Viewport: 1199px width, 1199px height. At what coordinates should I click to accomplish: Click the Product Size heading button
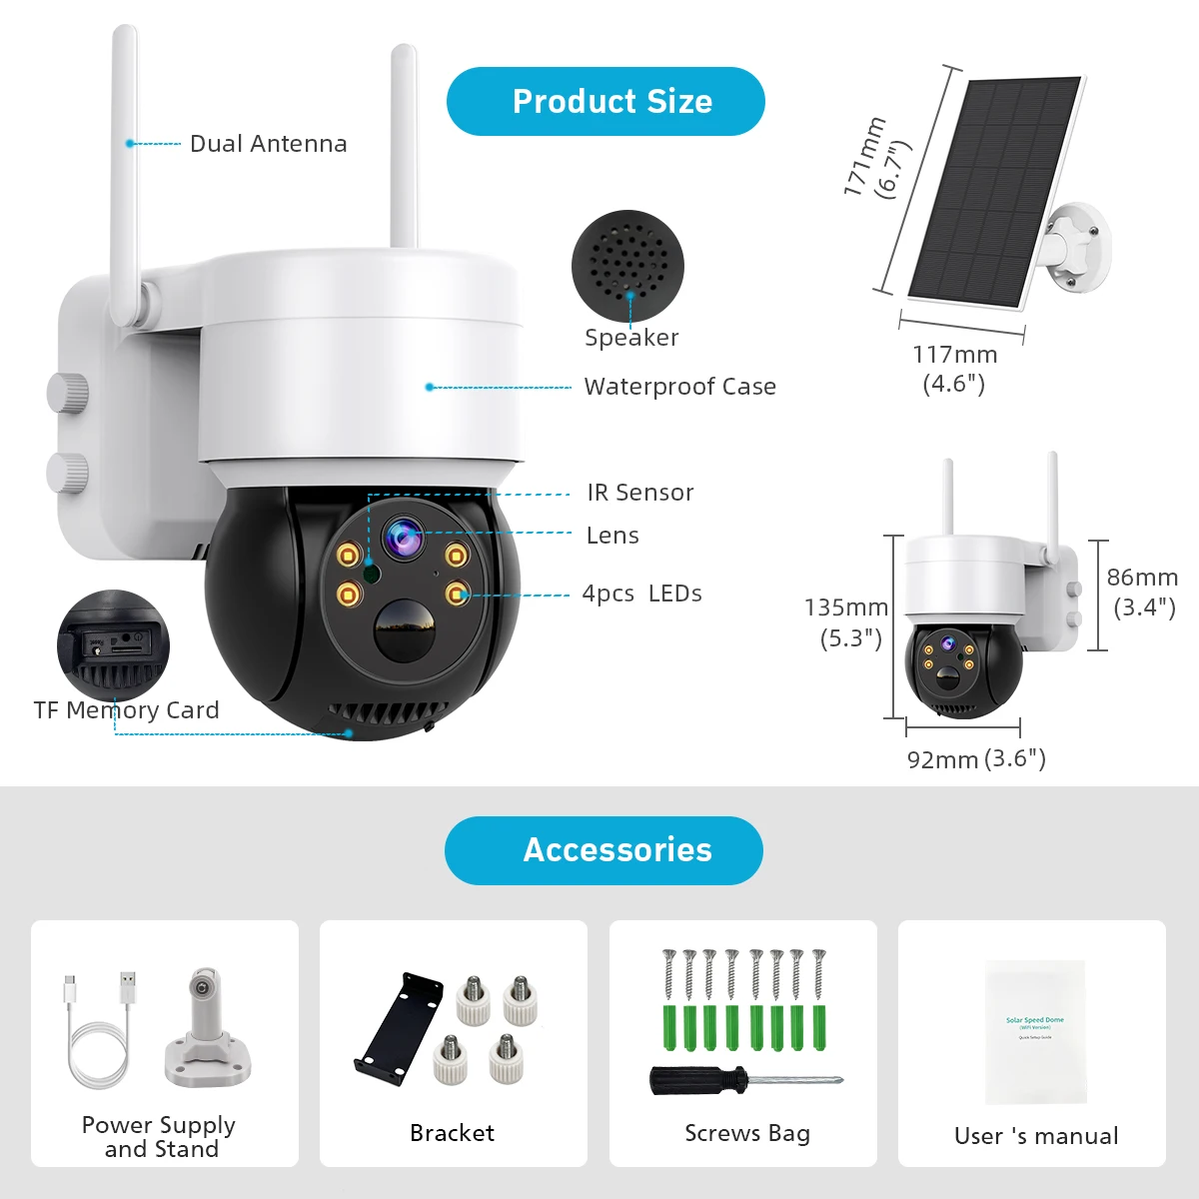point(605,102)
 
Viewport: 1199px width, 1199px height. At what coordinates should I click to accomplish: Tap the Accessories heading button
point(603,850)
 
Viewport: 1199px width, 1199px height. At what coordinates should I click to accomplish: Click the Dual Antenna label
point(268,144)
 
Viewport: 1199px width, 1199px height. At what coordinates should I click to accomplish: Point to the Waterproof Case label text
point(679,387)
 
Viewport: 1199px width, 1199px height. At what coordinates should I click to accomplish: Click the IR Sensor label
point(639,493)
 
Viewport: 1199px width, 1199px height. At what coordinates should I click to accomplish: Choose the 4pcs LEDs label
point(641,594)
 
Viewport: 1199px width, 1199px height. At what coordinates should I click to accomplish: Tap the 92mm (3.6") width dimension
point(975,759)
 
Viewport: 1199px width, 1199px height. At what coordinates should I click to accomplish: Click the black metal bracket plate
point(399,1028)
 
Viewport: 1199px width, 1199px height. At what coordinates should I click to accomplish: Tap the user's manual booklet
point(1035,1031)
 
